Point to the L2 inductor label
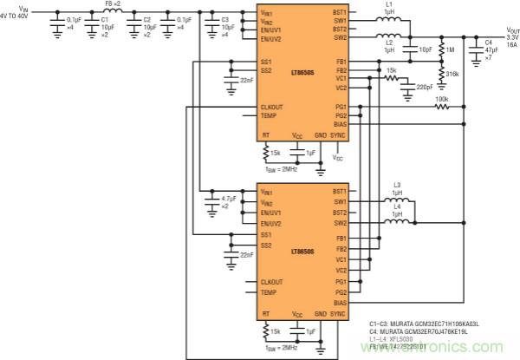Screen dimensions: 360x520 [x=389, y=42]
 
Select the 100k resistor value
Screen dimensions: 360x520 [x=442, y=99]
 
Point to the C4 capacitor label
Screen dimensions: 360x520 [x=488, y=42]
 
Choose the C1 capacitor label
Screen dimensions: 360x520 [x=105, y=18]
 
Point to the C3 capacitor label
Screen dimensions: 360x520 [x=225, y=18]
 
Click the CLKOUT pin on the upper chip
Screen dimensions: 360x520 [x=271, y=107]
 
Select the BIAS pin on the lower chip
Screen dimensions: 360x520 [x=340, y=303]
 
